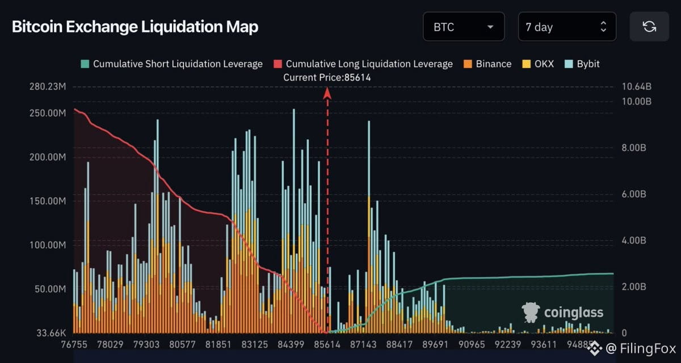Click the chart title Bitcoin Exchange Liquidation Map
pos(135,27)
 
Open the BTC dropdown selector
pos(464,27)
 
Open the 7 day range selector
pos(567,27)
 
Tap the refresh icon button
pos(649,27)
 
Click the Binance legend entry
pos(487,64)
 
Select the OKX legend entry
pos(538,64)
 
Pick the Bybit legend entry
pos(582,64)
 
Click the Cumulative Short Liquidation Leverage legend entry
pos(171,64)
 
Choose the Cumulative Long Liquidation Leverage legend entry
pos(363,64)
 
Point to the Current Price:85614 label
pos(327,78)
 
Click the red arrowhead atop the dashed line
pos(327,93)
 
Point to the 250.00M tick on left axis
pos(48,113)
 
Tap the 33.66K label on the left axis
pos(51,333)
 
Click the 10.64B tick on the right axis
pos(637,87)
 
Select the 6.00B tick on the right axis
pos(634,194)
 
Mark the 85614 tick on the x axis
pos(327,344)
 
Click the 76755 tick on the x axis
pos(74,344)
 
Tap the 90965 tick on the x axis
pos(472,344)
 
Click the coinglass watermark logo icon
pos(531,312)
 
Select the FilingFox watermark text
pos(648,348)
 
